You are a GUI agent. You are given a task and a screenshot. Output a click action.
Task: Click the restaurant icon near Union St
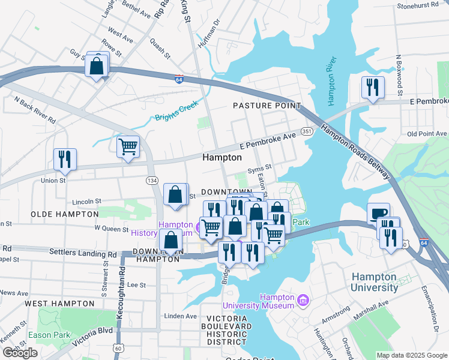[x=64, y=160]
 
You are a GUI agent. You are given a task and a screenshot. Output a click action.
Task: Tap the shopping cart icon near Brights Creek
[x=128, y=146]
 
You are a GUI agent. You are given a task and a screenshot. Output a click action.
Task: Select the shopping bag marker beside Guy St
[x=97, y=66]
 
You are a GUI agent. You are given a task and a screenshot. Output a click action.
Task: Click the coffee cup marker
[x=379, y=214]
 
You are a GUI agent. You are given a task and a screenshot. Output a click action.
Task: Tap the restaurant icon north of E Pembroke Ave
[x=373, y=88]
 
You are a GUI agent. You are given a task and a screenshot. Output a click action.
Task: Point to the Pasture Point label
[x=267, y=106]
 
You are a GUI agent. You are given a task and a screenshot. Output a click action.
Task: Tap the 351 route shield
[x=307, y=131]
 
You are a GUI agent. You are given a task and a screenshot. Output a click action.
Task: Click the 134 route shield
[x=151, y=180]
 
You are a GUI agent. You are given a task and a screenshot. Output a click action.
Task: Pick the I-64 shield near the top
[x=179, y=79]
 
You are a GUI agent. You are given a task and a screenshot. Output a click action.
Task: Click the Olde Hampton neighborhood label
[x=64, y=214]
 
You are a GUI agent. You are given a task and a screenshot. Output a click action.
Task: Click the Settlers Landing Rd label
[x=82, y=254]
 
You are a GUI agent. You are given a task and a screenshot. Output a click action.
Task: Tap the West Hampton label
[x=59, y=304]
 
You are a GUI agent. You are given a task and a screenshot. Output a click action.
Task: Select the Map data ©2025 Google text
[x=411, y=355]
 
